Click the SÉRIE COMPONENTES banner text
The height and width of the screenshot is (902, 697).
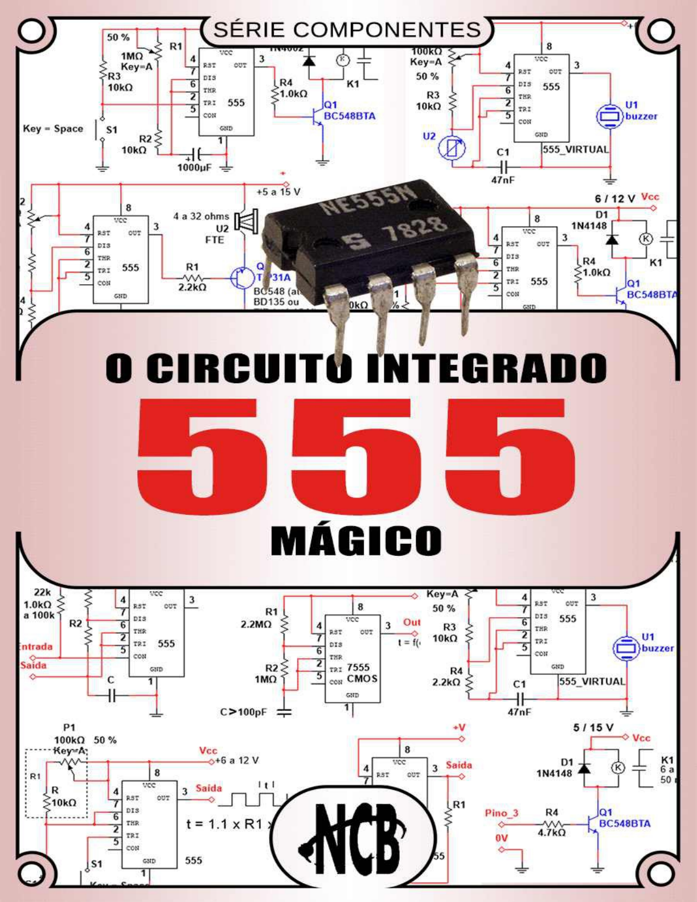pos(347,30)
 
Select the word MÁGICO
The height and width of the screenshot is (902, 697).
pos(356,540)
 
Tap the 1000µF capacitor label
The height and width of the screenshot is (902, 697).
pos(194,167)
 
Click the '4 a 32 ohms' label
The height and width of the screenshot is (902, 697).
pos(201,216)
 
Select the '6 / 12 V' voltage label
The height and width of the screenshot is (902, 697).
pos(614,199)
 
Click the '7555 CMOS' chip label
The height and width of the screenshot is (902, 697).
pos(360,673)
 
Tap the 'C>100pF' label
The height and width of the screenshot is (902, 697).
pos(243,712)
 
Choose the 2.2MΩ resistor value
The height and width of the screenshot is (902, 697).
pos(256,624)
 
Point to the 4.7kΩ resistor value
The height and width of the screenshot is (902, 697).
pos(551,833)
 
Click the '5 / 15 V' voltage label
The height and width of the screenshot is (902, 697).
pos(593,728)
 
